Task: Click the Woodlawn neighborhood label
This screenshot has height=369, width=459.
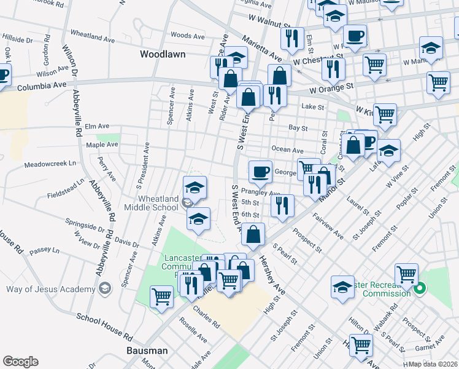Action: [163, 54]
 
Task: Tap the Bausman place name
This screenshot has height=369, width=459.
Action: [148, 351]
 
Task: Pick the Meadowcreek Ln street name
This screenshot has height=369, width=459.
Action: [50, 164]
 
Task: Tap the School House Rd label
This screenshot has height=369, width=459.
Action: [105, 327]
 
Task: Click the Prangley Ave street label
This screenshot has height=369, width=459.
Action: [260, 193]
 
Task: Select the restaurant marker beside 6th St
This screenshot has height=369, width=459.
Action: [282, 205]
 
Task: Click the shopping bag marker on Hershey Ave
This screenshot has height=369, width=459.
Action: [253, 234]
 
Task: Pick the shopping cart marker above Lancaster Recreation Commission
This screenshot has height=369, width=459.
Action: [406, 275]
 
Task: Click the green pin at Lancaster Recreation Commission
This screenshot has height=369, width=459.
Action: [420, 287]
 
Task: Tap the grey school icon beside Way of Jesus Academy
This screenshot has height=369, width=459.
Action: [105, 288]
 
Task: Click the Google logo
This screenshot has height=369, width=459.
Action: [21, 362]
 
